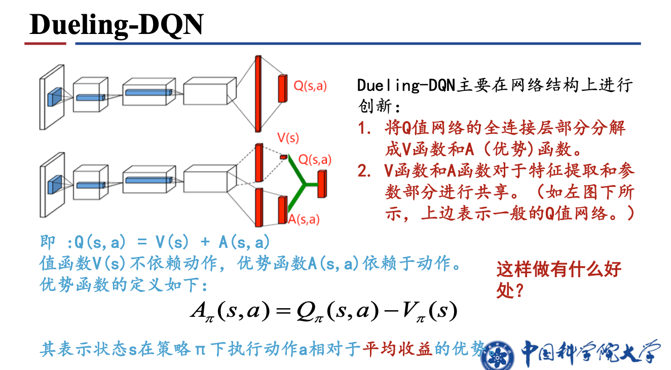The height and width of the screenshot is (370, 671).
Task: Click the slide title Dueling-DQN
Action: (x=117, y=24)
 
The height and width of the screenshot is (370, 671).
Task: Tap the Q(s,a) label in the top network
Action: (x=310, y=86)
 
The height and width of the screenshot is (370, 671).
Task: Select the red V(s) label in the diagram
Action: (x=287, y=138)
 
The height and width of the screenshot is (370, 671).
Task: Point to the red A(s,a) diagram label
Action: (x=304, y=219)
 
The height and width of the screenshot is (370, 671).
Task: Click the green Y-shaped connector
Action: (x=303, y=184)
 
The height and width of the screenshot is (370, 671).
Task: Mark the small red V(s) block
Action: (x=283, y=158)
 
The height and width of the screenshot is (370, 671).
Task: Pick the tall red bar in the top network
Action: (x=258, y=93)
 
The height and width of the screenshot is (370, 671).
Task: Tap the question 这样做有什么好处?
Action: (x=558, y=279)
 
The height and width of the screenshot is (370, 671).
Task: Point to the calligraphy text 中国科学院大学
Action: (x=591, y=352)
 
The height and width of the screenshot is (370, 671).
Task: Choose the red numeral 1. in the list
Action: (x=365, y=128)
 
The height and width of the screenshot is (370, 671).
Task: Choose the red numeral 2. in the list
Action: (x=365, y=171)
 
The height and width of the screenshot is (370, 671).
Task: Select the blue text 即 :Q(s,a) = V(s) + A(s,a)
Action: (x=155, y=242)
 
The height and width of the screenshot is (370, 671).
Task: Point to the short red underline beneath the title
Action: (x=45, y=44)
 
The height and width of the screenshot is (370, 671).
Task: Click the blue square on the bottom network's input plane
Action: (x=54, y=184)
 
